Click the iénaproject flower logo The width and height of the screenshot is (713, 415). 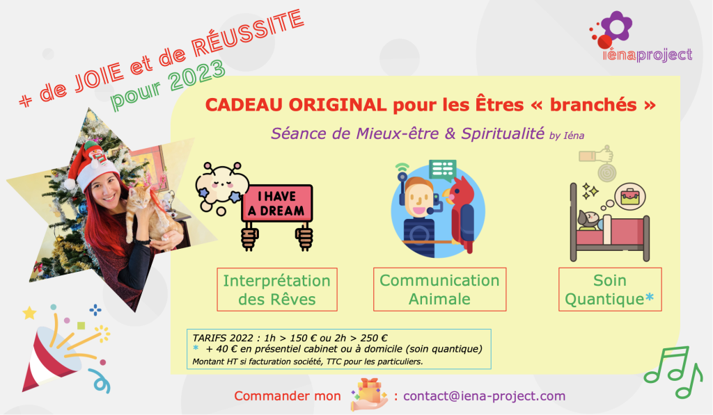[611, 29]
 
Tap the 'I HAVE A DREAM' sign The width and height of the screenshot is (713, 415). [277, 204]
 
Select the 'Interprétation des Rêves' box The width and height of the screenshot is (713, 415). [277, 290]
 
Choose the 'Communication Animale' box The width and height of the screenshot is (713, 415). [440, 290]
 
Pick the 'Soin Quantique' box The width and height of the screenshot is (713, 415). [610, 290]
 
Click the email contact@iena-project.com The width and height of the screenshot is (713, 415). [485, 396]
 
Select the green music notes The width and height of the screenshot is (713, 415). [674, 373]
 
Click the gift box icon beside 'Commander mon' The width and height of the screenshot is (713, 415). [369, 394]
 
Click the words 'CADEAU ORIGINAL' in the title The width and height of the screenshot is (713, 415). [295, 105]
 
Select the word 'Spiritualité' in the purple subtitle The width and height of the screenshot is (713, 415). [503, 133]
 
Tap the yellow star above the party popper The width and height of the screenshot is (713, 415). [29, 312]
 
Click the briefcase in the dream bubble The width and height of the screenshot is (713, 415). [630, 196]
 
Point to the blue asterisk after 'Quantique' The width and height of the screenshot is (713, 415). [650, 297]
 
